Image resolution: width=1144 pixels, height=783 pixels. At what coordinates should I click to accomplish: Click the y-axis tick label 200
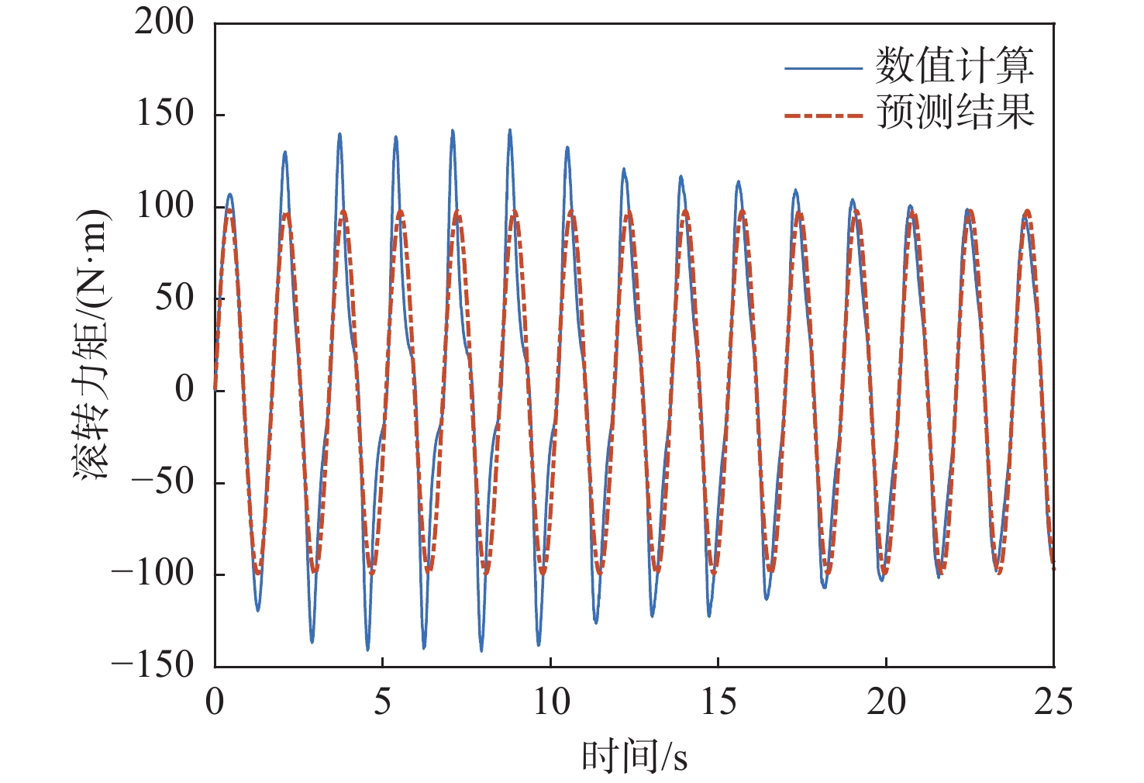coord(164,22)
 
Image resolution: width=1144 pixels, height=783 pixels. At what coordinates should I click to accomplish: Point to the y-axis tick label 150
coord(164,114)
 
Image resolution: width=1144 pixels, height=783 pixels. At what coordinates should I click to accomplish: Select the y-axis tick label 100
coord(164,205)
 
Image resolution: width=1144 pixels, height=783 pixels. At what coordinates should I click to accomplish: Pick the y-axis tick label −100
coord(152,574)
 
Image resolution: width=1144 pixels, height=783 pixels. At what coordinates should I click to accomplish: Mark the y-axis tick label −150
coord(152,665)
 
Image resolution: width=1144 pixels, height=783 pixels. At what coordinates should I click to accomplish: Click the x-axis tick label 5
coord(383,702)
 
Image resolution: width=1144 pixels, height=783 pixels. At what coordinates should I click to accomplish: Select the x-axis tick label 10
coord(550,702)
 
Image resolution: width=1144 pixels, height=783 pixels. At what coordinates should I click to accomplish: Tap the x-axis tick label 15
coord(718,702)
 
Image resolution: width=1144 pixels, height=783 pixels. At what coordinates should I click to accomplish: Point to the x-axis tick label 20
coord(886,702)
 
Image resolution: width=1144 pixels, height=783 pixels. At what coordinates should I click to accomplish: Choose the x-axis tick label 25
coord(1053,702)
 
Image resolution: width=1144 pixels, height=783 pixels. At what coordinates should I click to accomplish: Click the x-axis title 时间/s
coord(634,756)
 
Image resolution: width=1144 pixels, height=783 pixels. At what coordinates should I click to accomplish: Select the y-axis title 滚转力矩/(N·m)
coord(92,343)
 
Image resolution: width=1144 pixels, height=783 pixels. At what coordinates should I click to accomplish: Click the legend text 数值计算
coord(954,66)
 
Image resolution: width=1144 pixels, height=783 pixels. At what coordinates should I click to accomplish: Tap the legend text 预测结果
coord(954,112)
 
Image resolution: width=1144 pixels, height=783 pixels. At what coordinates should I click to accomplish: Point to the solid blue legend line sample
coord(823,68)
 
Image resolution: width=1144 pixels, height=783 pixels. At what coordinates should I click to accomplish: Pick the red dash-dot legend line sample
coord(823,116)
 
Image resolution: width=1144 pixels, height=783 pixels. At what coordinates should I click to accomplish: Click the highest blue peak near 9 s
coord(509,130)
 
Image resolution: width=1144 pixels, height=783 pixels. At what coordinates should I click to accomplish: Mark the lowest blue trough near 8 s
coord(481,650)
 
